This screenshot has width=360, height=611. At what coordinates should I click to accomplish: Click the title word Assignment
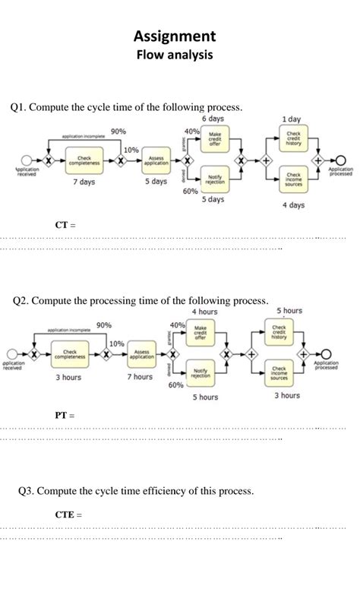[175, 36]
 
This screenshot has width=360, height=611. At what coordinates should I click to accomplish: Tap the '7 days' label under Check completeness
[84, 182]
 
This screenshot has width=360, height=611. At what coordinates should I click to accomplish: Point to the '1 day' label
[291, 119]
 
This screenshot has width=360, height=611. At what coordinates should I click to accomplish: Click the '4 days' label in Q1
[293, 205]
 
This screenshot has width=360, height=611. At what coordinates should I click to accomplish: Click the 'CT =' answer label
[65, 225]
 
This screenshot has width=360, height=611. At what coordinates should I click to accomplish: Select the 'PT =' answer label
[65, 415]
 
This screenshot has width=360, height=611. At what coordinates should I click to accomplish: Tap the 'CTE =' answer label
[68, 514]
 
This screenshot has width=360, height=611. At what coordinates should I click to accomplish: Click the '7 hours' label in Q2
[140, 377]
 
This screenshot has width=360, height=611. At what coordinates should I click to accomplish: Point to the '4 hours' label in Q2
[204, 312]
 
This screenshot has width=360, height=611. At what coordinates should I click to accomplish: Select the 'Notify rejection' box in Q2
[201, 372]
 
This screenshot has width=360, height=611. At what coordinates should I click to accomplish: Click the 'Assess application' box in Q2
[141, 354]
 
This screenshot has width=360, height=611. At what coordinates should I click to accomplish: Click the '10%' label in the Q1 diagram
[131, 150]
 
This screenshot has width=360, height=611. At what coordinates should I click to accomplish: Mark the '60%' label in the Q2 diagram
[176, 385]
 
